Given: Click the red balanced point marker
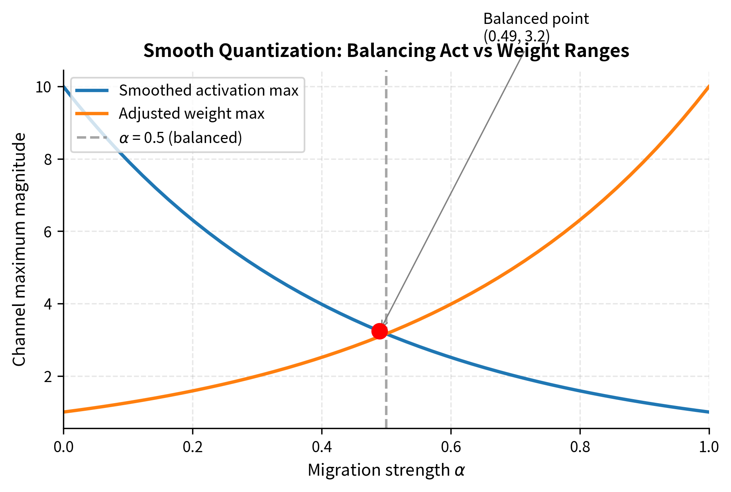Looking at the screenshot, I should [379, 331].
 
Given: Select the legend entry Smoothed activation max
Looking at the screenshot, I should [208, 90].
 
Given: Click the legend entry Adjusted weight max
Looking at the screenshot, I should [191, 114].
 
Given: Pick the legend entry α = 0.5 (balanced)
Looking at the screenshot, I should [180, 137].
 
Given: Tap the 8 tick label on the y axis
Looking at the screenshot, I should [48, 159].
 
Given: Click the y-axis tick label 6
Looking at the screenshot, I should [48, 231].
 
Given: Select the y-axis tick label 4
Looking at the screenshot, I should [48, 304].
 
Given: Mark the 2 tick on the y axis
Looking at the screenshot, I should [48, 376].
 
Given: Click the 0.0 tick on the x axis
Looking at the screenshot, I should [63, 447].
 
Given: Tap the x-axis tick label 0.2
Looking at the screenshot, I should [193, 447].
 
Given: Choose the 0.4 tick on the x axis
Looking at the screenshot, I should [322, 447].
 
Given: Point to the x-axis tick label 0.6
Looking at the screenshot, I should [451, 447].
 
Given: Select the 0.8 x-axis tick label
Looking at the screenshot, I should [580, 447].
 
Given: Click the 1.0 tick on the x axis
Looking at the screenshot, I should [709, 447].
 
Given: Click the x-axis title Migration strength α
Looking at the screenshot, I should [386, 470].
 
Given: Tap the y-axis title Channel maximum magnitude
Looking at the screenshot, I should [19, 249].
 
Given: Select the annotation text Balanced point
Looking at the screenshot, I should [536, 19].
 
